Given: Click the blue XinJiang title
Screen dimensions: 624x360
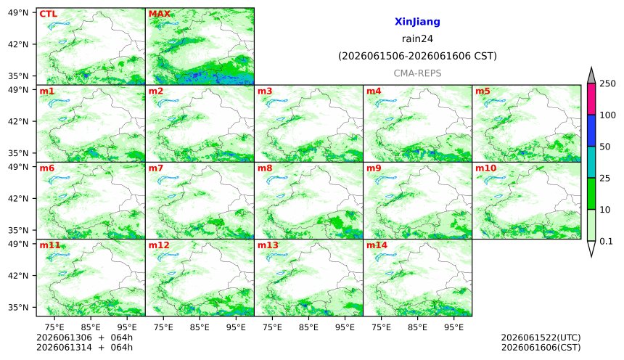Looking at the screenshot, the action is pyautogui.click(x=417, y=22).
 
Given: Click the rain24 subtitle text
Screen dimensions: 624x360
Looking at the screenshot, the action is pyautogui.click(x=417, y=38).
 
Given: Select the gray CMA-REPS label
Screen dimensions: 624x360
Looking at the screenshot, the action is pyautogui.click(x=417, y=73).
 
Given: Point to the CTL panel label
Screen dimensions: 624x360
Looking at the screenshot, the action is pyautogui.click(x=48, y=14).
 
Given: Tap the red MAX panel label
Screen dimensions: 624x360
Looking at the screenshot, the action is pyautogui.click(x=159, y=14).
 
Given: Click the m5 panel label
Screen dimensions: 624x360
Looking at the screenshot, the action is pyautogui.click(x=483, y=91).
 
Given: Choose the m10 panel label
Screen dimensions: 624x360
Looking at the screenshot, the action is pyautogui.click(x=485, y=168).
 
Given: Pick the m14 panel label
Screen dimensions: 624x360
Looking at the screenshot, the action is pyautogui.click(x=377, y=245).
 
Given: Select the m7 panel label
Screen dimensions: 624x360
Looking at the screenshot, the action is pyautogui.click(x=155, y=168).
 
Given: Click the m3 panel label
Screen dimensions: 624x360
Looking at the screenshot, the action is pyautogui.click(x=265, y=91).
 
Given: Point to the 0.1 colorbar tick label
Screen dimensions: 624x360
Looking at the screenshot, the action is pyautogui.click(x=606, y=241).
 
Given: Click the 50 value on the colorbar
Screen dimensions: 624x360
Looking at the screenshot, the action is pyautogui.click(x=605, y=147).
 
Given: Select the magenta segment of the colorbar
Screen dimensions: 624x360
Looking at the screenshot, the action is pyautogui.click(x=591, y=99).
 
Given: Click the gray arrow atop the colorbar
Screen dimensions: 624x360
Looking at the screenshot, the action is pyautogui.click(x=591, y=75).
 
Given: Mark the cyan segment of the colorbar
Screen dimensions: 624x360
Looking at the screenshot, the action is pyautogui.click(x=591, y=162).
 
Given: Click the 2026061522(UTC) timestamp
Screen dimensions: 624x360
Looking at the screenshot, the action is pyautogui.click(x=541, y=337).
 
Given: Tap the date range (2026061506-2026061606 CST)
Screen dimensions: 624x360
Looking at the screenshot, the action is pyautogui.click(x=417, y=56).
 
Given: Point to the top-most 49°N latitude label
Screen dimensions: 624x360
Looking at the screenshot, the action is pyautogui.click(x=18, y=13).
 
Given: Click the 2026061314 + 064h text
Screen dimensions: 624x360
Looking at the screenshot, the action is pyautogui.click(x=84, y=347).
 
